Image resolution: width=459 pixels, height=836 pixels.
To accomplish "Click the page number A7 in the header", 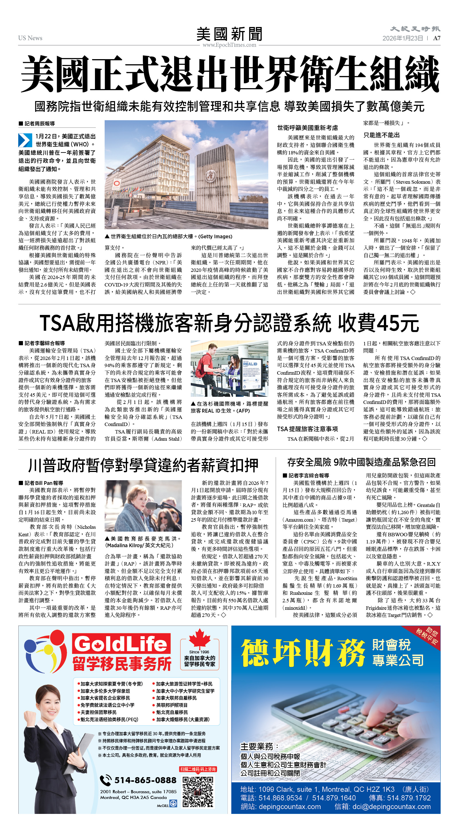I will pyautogui.click(x=437, y=38).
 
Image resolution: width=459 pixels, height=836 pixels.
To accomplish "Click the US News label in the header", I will pyautogui.click(x=30, y=38).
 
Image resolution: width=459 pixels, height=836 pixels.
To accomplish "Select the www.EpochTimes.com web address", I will pyautogui.click(x=229, y=45).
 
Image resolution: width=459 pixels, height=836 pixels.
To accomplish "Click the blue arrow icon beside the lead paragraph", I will pyautogui.click(x=25, y=140).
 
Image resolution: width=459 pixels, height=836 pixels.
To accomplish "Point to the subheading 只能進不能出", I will pyautogui.click(x=381, y=135).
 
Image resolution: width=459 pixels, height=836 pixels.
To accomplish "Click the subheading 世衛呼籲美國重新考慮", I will pyautogui.click(x=307, y=127).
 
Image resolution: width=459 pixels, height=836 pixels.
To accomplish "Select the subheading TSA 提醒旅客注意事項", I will pyautogui.click(x=307, y=429).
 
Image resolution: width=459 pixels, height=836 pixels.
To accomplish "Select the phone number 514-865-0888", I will pyautogui.click(x=145, y=780).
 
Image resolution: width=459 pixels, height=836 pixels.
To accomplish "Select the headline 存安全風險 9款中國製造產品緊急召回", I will pyautogui.click(x=361, y=462).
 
